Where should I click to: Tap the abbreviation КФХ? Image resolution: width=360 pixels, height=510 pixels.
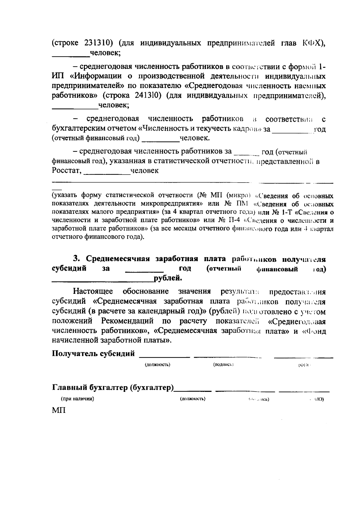pos(313,43)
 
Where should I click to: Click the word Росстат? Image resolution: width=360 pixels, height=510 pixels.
pos(67,171)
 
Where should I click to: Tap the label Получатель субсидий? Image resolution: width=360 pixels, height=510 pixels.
pos(93,353)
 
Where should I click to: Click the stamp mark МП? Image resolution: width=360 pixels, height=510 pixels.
pos(58,410)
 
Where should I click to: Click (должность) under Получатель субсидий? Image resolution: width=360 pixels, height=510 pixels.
pos(157,365)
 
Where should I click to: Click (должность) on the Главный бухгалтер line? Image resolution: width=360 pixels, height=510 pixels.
pos(192,399)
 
